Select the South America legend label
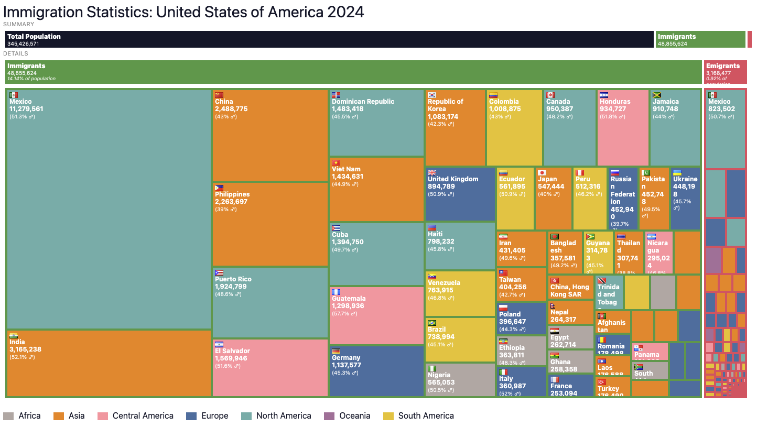coord(426,416)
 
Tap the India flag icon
coord(14,335)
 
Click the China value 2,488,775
coord(231,109)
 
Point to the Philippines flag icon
coord(219,188)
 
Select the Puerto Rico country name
coord(234,279)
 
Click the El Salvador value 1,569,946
coord(231,358)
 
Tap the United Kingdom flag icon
coord(432,172)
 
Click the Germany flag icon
coord(336,351)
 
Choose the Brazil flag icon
coord(432,323)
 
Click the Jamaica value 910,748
coord(666,109)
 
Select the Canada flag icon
coord(550,95)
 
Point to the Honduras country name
coord(615,102)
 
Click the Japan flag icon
coord(542,172)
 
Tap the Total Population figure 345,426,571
coord(23,44)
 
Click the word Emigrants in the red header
coord(723,66)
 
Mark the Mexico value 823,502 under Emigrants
coord(721,109)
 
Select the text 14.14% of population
coord(31,79)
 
